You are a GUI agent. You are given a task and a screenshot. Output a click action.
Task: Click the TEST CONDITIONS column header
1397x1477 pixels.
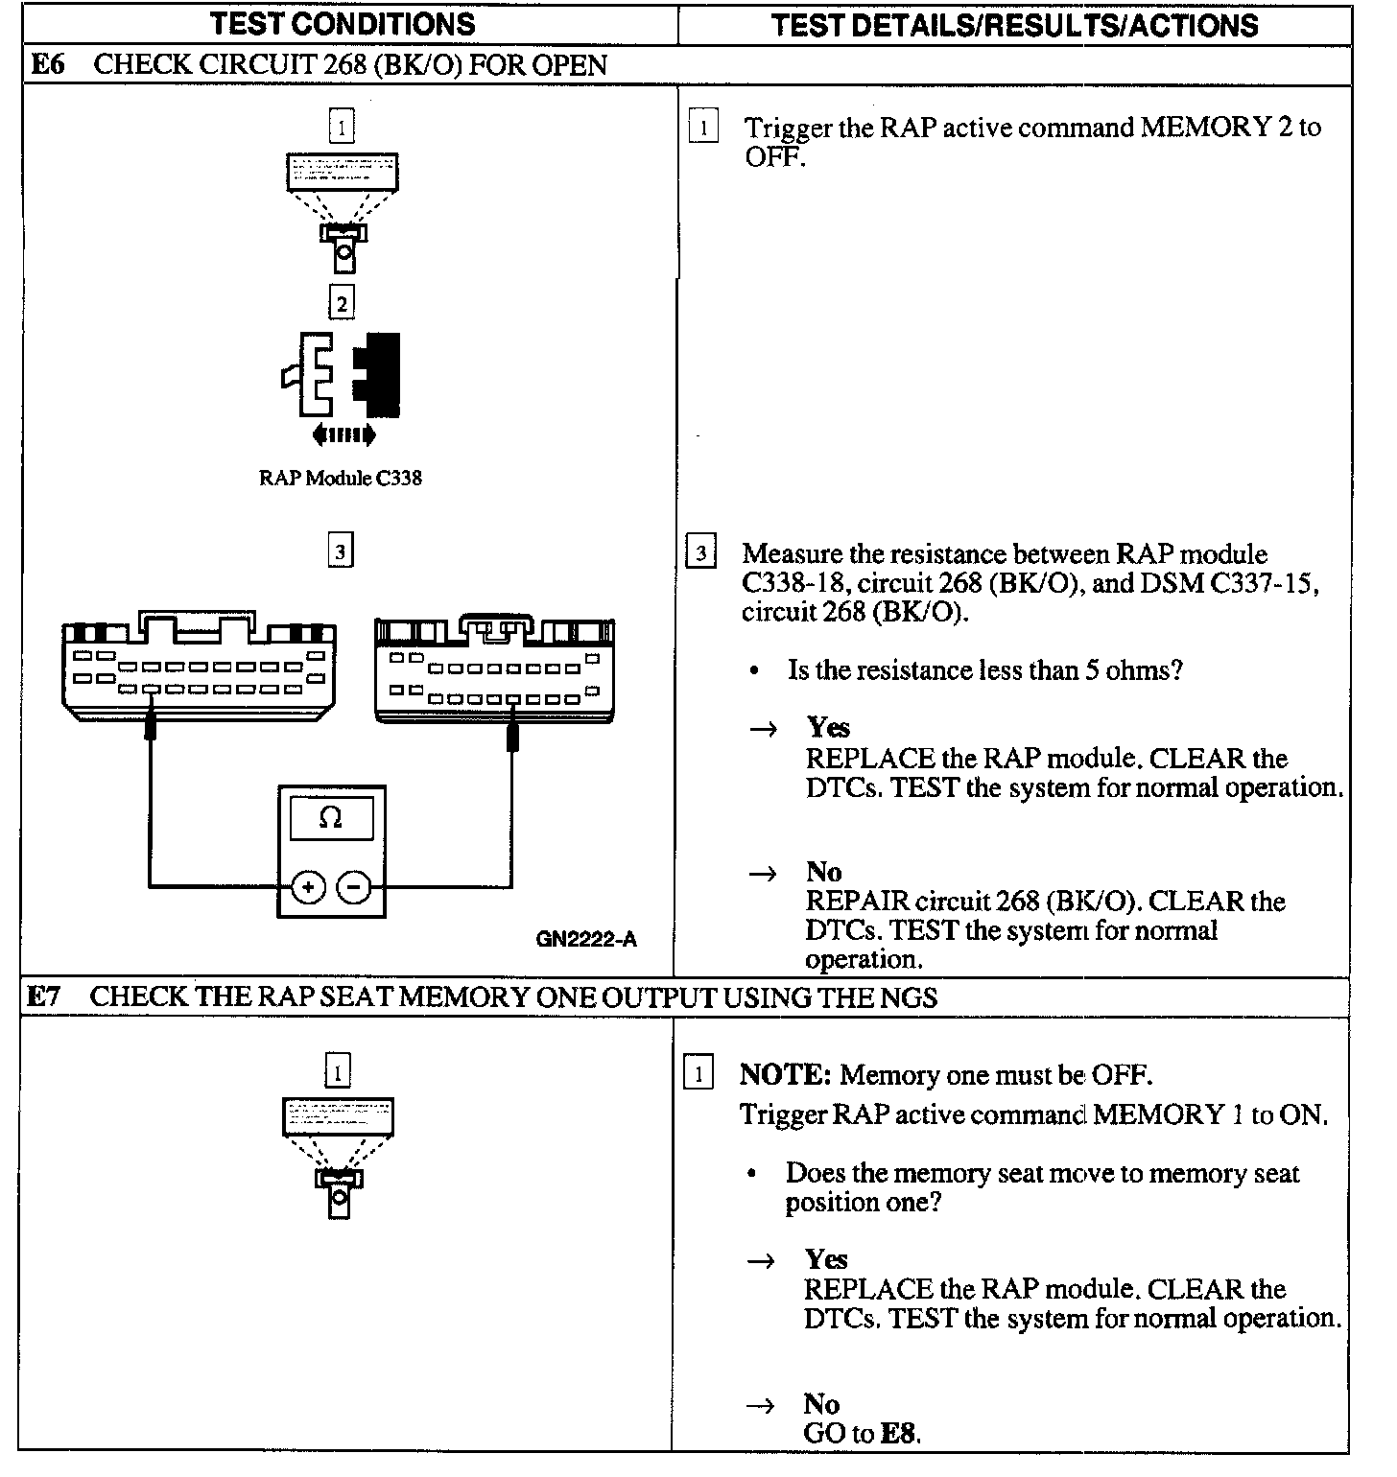342,24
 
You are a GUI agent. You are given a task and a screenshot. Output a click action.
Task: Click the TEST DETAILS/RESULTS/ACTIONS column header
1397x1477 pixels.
1014,25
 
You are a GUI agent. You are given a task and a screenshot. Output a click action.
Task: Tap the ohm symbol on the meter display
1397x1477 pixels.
330,818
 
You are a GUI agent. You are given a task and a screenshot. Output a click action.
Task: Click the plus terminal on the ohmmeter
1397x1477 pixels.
308,887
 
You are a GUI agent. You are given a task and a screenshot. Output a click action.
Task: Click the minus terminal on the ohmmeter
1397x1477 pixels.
354,887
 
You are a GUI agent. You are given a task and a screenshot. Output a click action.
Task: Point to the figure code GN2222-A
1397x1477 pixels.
585,939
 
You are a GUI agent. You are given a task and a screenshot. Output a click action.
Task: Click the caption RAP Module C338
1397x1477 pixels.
340,478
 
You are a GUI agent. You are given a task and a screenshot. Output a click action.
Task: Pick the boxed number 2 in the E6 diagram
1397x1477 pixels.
341,304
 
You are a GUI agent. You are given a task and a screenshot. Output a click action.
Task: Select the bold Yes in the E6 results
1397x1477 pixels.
828,727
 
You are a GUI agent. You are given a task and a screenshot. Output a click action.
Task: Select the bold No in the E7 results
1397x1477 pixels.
821,1404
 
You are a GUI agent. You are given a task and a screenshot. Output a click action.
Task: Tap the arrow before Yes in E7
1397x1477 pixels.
762,1260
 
